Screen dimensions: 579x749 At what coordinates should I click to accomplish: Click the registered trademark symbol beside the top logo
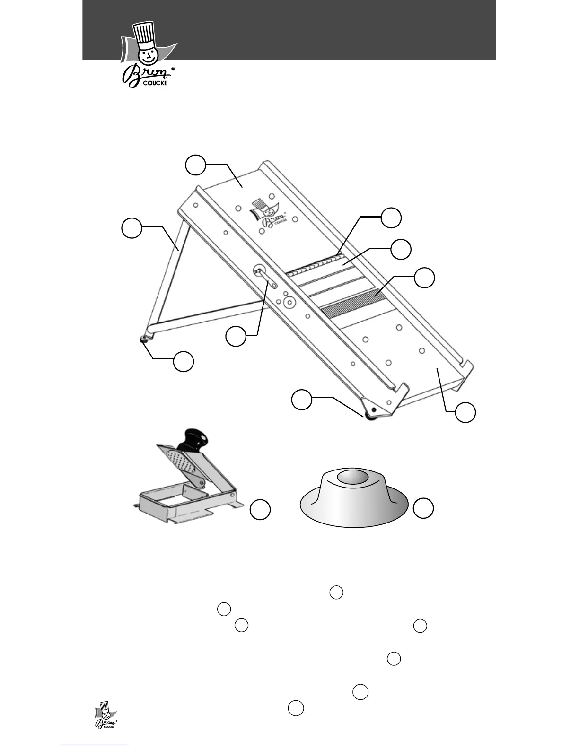pos(173,69)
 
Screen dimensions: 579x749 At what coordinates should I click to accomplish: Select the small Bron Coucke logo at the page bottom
pos(105,715)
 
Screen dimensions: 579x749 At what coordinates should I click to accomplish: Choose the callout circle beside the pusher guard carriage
pos(260,510)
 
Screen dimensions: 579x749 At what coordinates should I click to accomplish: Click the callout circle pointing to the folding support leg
pos(132,227)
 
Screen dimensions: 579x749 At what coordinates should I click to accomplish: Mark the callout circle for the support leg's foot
pos(183,361)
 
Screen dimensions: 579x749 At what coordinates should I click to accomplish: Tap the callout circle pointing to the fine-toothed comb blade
pos(424,278)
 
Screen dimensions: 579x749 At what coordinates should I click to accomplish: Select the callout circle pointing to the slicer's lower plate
pos(465,412)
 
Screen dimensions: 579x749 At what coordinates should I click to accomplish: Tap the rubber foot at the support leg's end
pos(144,339)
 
